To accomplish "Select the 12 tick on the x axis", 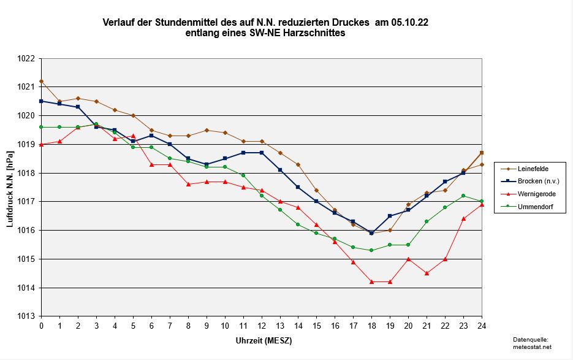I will pyautogui.click(x=262, y=324).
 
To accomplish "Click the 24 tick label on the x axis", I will pyautogui.click(x=482, y=324).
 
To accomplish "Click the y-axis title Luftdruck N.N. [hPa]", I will pyautogui.click(x=10, y=188).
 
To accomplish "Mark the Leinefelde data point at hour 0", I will pyautogui.click(x=41, y=81).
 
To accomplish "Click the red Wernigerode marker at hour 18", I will pyautogui.click(x=371, y=281).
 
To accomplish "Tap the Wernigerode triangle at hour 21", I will pyautogui.click(x=427, y=273).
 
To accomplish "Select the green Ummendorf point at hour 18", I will pyautogui.click(x=371, y=250).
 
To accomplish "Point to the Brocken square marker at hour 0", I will pyautogui.click(x=41, y=101).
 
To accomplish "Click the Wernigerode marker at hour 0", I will pyautogui.click(x=41, y=144).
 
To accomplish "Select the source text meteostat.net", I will pyautogui.click(x=530, y=347).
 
